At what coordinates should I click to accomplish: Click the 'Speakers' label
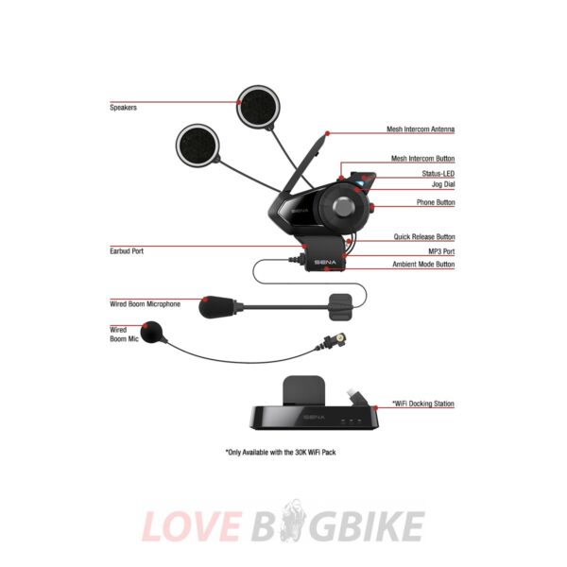(123, 108)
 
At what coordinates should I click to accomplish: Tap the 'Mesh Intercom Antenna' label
(421, 129)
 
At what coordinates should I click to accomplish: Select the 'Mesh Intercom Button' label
(422, 160)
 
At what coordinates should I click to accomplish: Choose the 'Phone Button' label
(436, 203)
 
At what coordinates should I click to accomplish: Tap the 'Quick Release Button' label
(424, 236)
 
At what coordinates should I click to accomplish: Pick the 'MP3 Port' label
(439, 251)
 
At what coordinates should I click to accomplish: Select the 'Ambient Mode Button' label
(423, 265)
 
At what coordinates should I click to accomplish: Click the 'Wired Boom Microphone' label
(145, 304)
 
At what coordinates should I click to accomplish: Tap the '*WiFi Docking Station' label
(422, 404)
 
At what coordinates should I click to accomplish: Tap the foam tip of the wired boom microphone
(217, 306)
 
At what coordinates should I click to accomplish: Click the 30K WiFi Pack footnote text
(281, 453)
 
